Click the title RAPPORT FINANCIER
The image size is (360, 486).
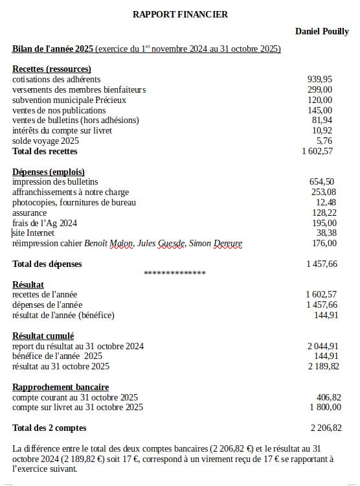point(180,14)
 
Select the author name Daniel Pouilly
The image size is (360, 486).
point(322,31)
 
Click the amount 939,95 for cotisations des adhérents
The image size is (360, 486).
point(320,79)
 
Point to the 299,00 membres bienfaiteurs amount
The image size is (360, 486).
point(320,89)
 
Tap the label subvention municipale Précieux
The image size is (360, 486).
point(69,100)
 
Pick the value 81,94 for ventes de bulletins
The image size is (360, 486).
point(322,120)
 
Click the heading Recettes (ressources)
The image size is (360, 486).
point(52,69)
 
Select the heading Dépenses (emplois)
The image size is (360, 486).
point(49,172)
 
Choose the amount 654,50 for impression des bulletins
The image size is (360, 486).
point(322,182)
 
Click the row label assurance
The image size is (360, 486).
point(30,213)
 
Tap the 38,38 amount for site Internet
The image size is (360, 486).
point(326,233)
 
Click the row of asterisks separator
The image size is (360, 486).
point(175,274)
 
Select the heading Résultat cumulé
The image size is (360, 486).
point(43,336)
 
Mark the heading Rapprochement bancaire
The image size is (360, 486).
point(61,387)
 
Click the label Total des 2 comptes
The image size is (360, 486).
point(49,428)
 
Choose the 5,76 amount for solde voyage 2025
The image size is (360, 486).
point(324,141)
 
